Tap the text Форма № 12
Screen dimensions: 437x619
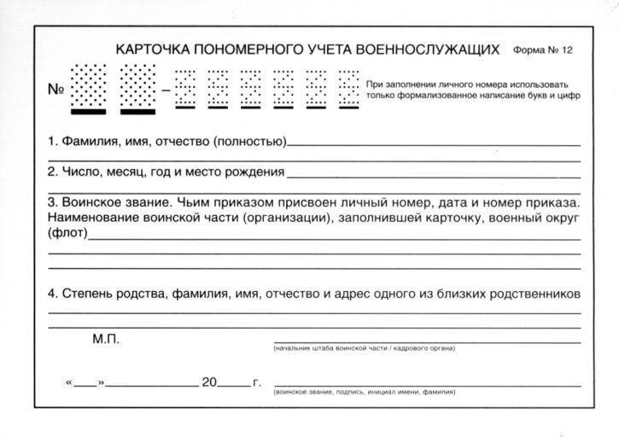[543, 50]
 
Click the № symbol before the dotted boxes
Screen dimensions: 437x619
[55, 88]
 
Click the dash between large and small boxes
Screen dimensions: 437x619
[166, 88]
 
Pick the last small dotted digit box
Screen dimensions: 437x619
[348, 86]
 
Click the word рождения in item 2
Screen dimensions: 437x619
[252, 172]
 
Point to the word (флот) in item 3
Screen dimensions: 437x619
[67, 234]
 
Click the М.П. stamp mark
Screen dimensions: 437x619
[106, 339]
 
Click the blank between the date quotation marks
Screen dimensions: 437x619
[85, 383]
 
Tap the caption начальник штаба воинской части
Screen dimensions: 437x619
[364, 348]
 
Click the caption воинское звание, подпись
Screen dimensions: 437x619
[364, 393]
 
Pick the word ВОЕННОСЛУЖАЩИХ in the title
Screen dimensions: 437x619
[427, 50]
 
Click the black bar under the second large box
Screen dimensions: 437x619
[137, 111]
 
